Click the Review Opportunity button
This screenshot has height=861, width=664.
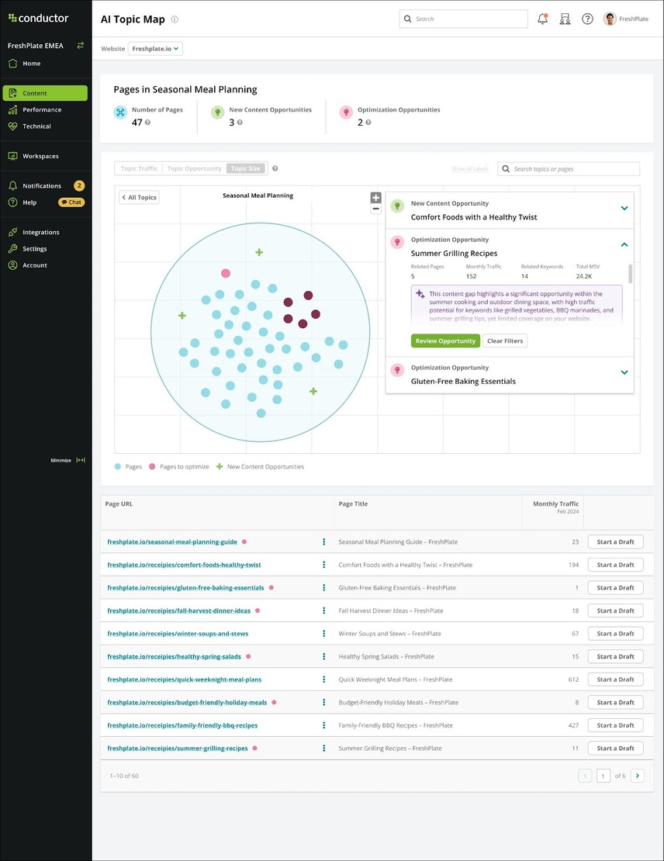445,341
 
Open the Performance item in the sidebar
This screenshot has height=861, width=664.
42,110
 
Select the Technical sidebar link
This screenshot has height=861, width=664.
36,126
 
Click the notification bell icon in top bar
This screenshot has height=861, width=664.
542,19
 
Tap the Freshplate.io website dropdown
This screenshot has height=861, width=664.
155,49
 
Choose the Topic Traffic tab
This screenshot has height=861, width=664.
140,168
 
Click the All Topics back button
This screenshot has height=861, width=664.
139,198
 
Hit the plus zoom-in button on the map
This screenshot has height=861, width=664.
376,198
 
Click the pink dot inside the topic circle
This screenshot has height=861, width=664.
226,273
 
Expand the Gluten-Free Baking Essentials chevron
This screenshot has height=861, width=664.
624,372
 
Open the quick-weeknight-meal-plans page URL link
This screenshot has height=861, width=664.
184,679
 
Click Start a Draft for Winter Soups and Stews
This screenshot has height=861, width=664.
615,634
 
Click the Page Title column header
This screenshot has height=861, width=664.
353,504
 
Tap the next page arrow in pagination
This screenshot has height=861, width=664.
637,776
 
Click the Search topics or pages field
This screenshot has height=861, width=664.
574,169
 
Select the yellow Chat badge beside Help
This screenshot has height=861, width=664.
71,202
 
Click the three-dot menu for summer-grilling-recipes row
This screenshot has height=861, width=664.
324,749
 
